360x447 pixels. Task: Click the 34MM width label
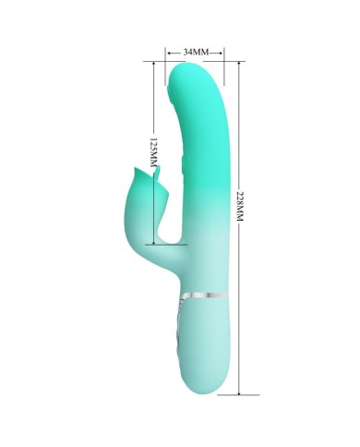point(196,52)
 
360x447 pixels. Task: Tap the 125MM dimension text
point(153,152)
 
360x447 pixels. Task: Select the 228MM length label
point(239,206)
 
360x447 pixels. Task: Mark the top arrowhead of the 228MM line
point(239,64)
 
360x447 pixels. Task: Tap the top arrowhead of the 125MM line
point(153,64)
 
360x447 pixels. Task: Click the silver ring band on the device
point(205,296)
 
